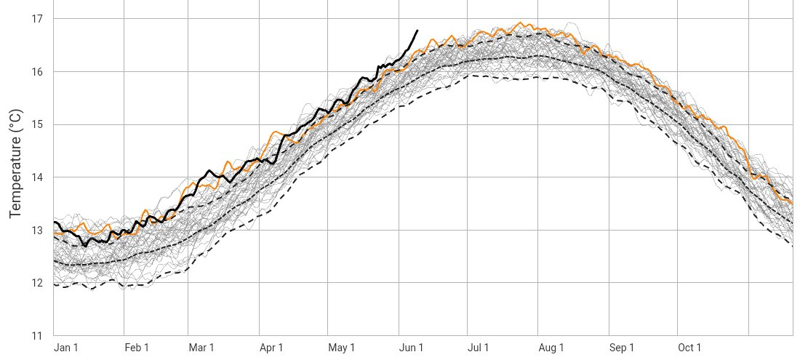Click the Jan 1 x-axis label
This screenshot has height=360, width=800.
[x=66, y=348]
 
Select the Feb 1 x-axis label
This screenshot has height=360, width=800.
[x=137, y=348]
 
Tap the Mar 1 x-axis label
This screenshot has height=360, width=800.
[x=201, y=348]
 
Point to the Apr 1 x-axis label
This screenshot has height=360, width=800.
[x=271, y=348]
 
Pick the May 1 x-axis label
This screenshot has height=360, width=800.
[x=341, y=348]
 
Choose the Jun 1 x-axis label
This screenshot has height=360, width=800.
[x=411, y=348]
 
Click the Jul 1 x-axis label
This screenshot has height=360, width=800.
[x=479, y=348]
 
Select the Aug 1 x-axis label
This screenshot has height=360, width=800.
[x=551, y=348]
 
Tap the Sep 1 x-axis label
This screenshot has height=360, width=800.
[x=621, y=348]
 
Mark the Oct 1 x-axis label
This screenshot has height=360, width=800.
[x=689, y=348]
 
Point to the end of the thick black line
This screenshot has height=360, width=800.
[x=417, y=31]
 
